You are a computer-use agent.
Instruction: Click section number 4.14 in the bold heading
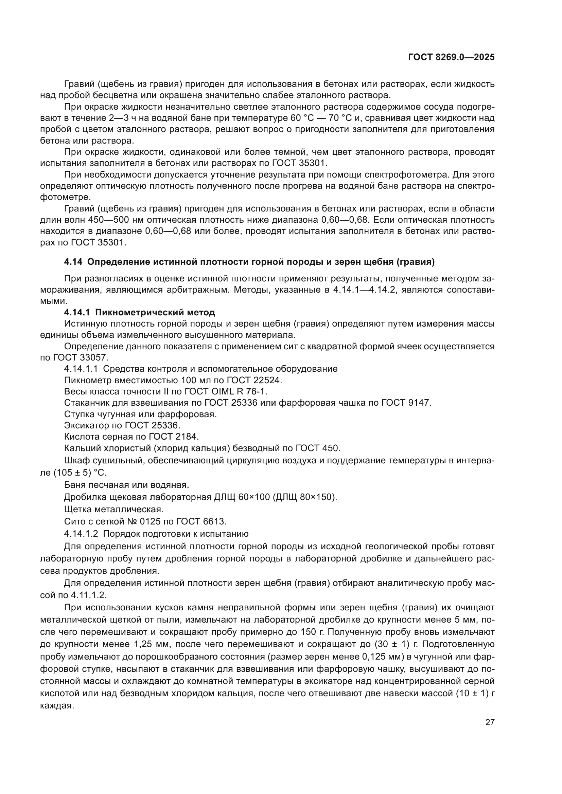73,262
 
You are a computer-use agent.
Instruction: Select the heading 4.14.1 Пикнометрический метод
139,313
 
